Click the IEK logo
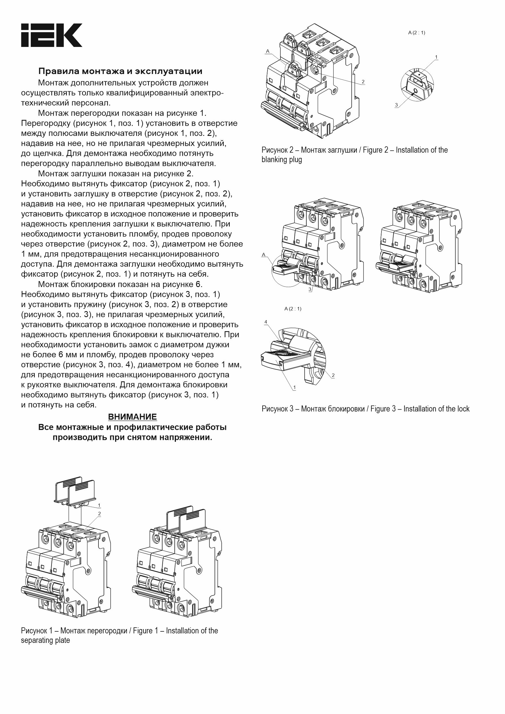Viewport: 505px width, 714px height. (x=52, y=35)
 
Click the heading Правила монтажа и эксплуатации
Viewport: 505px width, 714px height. (x=120, y=71)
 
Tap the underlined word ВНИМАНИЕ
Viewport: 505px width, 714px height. (x=132, y=417)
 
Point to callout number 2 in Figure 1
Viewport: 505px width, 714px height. (x=99, y=513)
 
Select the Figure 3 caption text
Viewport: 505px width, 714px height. (x=365, y=409)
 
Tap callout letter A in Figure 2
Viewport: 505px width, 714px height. (x=267, y=51)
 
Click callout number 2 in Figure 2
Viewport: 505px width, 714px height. (x=363, y=82)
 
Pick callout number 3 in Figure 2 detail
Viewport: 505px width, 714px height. (x=396, y=105)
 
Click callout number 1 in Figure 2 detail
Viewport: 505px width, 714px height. (x=436, y=57)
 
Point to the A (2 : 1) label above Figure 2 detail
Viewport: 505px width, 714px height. (x=416, y=33)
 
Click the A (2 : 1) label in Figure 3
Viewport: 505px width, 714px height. (x=293, y=309)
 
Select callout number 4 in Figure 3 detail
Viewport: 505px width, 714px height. (x=265, y=322)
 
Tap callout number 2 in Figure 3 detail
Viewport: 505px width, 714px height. (x=333, y=375)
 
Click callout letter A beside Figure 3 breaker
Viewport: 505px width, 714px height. (x=264, y=255)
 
